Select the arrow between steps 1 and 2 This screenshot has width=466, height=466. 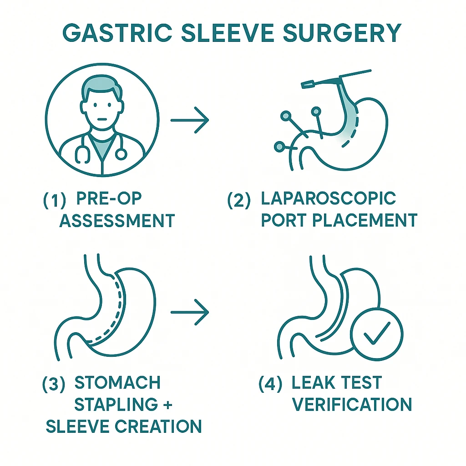point(189,120)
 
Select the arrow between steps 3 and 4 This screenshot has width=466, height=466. point(189,312)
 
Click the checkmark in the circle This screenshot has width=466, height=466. point(378,334)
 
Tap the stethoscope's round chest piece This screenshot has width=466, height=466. point(121,154)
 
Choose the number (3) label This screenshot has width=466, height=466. point(54,385)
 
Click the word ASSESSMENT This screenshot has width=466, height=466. point(117,222)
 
